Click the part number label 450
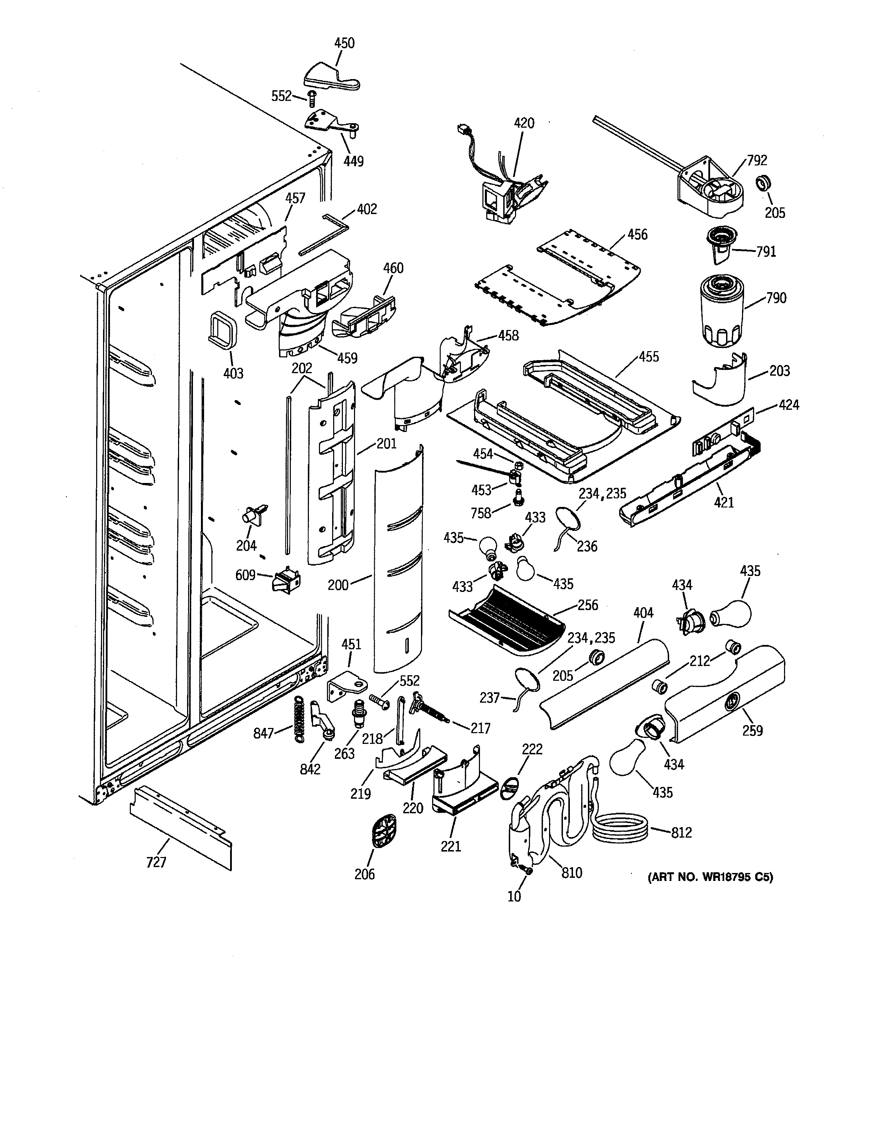tap(345, 43)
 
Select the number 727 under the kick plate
tap(156, 862)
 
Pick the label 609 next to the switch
tap(245, 576)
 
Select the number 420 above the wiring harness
tap(524, 123)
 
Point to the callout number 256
tap(587, 605)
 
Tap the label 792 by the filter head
tap(757, 160)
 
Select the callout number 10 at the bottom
tap(514, 897)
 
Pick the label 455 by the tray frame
tap(649, 357)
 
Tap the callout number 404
tap(643, 612)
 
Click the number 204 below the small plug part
tap(246, 546)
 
